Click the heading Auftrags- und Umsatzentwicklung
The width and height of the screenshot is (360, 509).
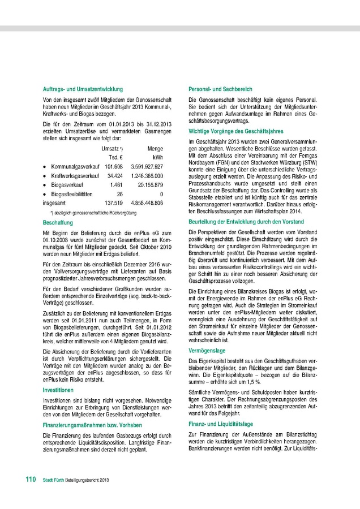pyautogui.click(x=83, y=89)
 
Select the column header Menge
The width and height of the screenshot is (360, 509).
pyautogui.click(x=155, y=148)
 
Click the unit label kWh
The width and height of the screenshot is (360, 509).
pyautogui.click(x=158, y=157)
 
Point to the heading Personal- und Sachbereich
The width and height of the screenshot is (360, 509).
pyautogui.click(x=220, y=89)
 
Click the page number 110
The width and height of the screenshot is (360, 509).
pyautogui.click(x=30, y=480)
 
